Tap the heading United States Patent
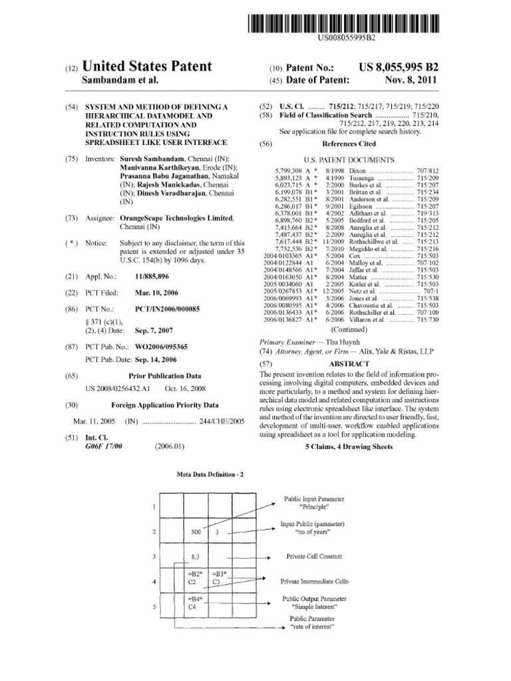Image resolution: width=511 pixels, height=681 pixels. (x=146, y=67)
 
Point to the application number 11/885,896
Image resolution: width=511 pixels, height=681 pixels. (x=152, y=275)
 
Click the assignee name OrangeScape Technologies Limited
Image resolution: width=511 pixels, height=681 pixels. (x=176, y=218)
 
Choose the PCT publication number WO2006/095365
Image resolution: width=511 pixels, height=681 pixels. (x=161, y=346)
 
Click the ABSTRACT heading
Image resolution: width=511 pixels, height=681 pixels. (x=349, y=364)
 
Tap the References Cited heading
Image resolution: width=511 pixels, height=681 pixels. (x=349, y=143)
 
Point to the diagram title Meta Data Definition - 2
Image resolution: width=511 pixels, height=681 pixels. (x=210, y=474)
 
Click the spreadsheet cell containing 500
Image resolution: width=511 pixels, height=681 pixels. (x=196, y=532)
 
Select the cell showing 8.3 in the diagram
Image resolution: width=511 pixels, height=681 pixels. (x=196, y=556)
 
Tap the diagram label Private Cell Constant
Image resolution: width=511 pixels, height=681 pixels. (x=314, y=556)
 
